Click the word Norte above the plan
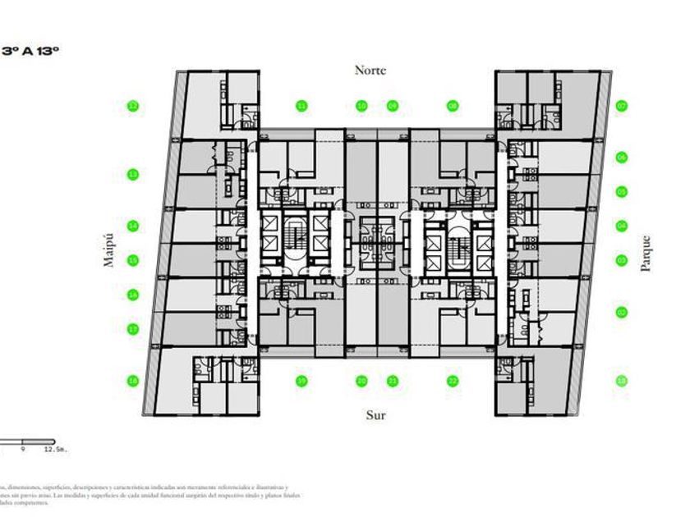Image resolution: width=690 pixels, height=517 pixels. click(x=370, y=71)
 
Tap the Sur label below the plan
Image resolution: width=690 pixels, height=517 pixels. click(x=375, y=415)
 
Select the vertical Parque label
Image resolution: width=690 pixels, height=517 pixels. click(x=645, y=254)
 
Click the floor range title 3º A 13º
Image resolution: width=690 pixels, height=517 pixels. click(x=32, y=51)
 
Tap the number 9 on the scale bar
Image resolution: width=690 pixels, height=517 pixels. click(x=24, y=450)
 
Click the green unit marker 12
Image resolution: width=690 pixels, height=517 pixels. click(x=132, y=106)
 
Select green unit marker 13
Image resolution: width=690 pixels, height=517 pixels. click(x=132, y=174)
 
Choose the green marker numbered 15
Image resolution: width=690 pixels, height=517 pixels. click(x=132, y=261)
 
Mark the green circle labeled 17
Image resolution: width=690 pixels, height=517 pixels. click(x=132, y=329)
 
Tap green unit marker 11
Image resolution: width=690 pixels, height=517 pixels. click(x=301, y=106)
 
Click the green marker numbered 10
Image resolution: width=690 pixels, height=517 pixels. click(x=361, y=106)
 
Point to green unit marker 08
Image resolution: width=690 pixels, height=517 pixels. click(x=453, y=106)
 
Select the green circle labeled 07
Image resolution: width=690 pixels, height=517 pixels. click(x=622, y=106)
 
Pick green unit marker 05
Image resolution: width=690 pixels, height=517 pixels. click(x=622, y=192)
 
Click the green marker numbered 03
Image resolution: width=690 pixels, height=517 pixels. click(x=622, y=260)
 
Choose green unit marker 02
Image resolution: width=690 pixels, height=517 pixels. click(x=622, y=312)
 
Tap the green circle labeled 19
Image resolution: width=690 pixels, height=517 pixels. click(x=301, y=381)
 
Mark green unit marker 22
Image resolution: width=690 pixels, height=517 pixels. click(x=453, y=381)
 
